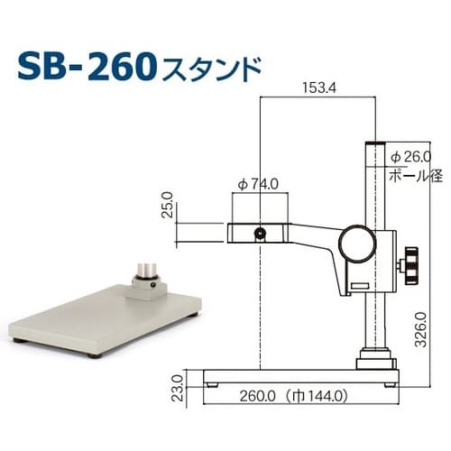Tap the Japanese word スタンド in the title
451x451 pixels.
(211, 69)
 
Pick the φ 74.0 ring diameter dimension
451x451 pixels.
(260, 185)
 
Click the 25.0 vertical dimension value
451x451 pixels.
(166, 209)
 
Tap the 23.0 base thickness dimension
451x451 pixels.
(177, 385)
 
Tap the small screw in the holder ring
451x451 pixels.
(260, 234)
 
